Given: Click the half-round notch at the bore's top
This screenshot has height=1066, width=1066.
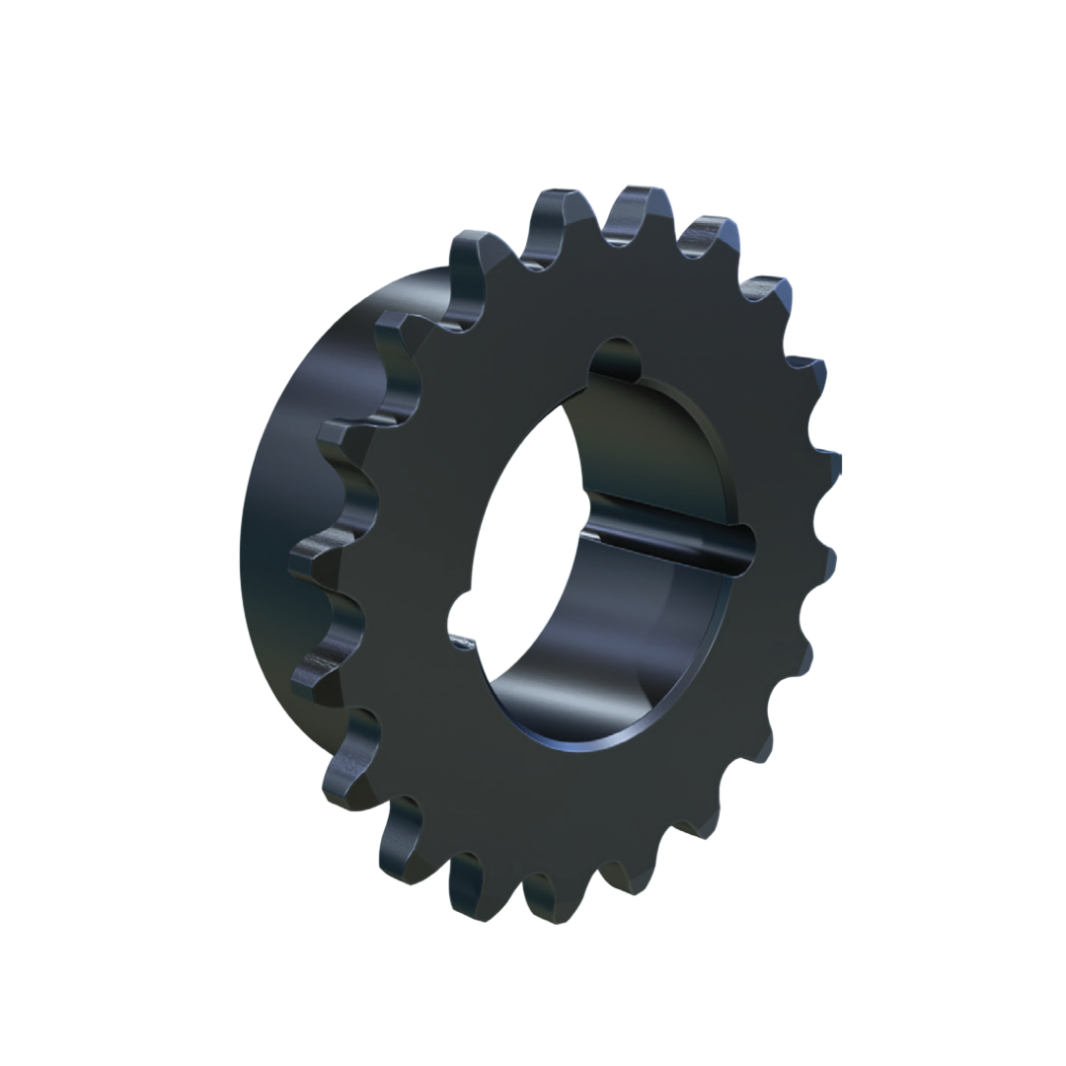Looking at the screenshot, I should [x=618, y=357].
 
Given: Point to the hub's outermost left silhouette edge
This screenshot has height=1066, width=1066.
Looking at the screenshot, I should [x=241, y=553].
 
